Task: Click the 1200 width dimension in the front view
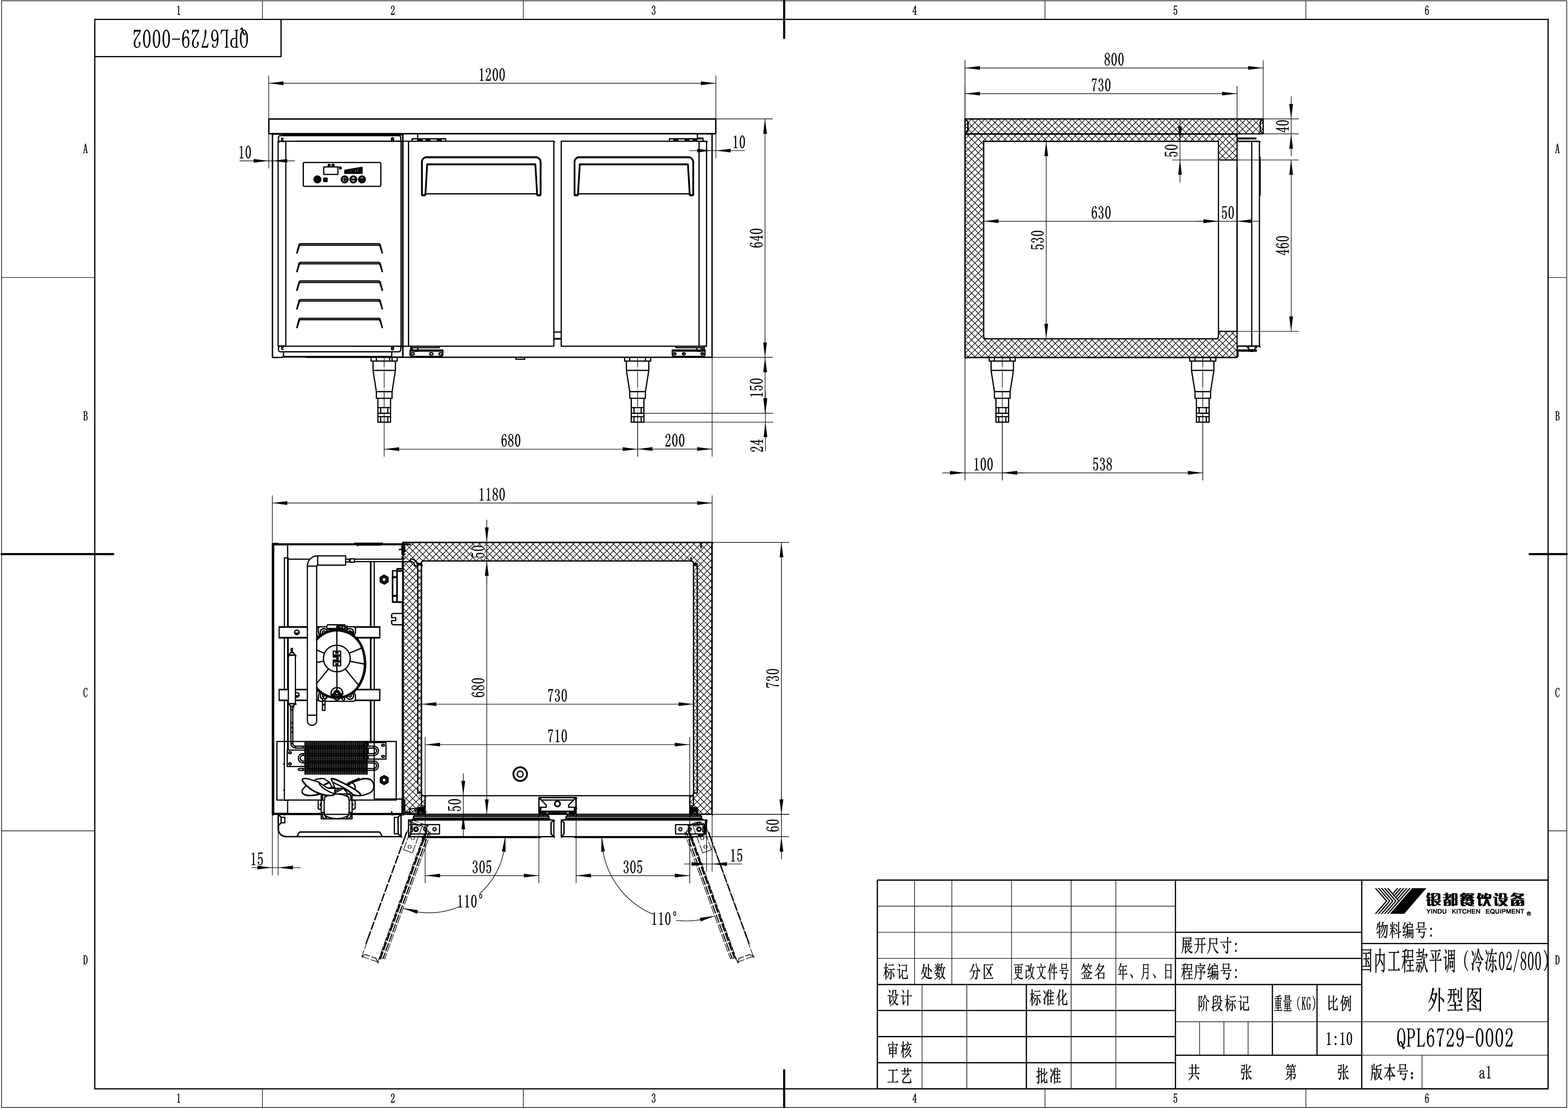492,75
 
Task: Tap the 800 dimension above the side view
1114,59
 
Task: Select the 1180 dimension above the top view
492,494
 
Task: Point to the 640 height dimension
757,237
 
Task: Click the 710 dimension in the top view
557,736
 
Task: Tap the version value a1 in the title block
1485,1073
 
